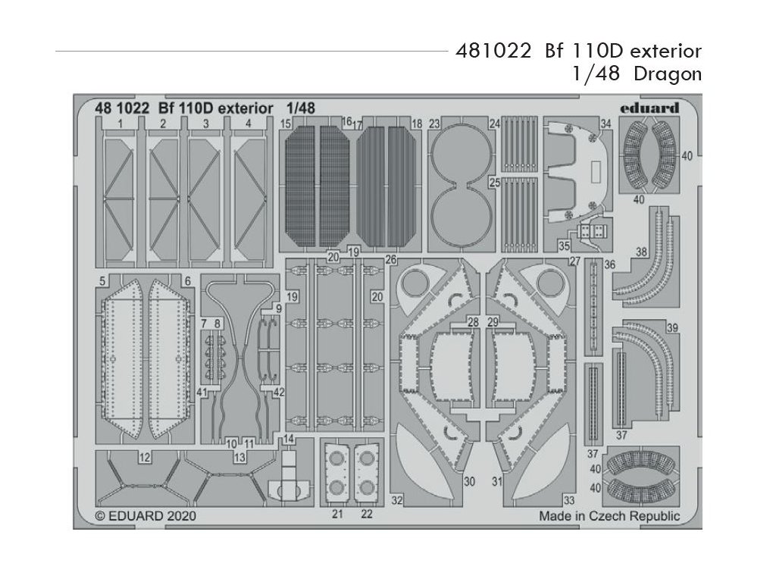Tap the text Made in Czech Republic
click(609, 516)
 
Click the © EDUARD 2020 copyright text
click(147, 516)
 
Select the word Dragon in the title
click(668, 74)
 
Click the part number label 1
click(121, 123)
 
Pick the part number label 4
click(248, 123)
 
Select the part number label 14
click(289, 440)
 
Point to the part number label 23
click(434, 124)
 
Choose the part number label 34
click(605, 124)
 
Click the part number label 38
click(642, 252)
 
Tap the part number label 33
click(568, 499)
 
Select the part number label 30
click(469, 481)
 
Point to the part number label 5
click(102, 281)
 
